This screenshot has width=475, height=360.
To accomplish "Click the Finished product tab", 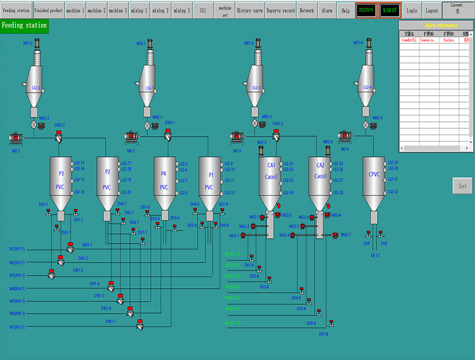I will coord(49,11).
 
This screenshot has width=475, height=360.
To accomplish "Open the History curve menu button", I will coord(249,11).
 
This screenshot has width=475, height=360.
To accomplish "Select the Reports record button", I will coord(280,11).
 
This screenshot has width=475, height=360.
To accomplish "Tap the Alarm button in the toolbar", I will coord(327,11).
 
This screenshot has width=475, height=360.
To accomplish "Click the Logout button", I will coord(432,11).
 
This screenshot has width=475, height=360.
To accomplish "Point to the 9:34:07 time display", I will coord(390,11).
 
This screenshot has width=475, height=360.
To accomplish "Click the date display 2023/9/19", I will coord(366,11).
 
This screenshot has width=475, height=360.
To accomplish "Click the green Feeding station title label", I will coord(24,26).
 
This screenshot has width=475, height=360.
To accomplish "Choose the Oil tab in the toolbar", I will coord(203,11).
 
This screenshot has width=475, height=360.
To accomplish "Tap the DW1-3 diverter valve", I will coord(51,273).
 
